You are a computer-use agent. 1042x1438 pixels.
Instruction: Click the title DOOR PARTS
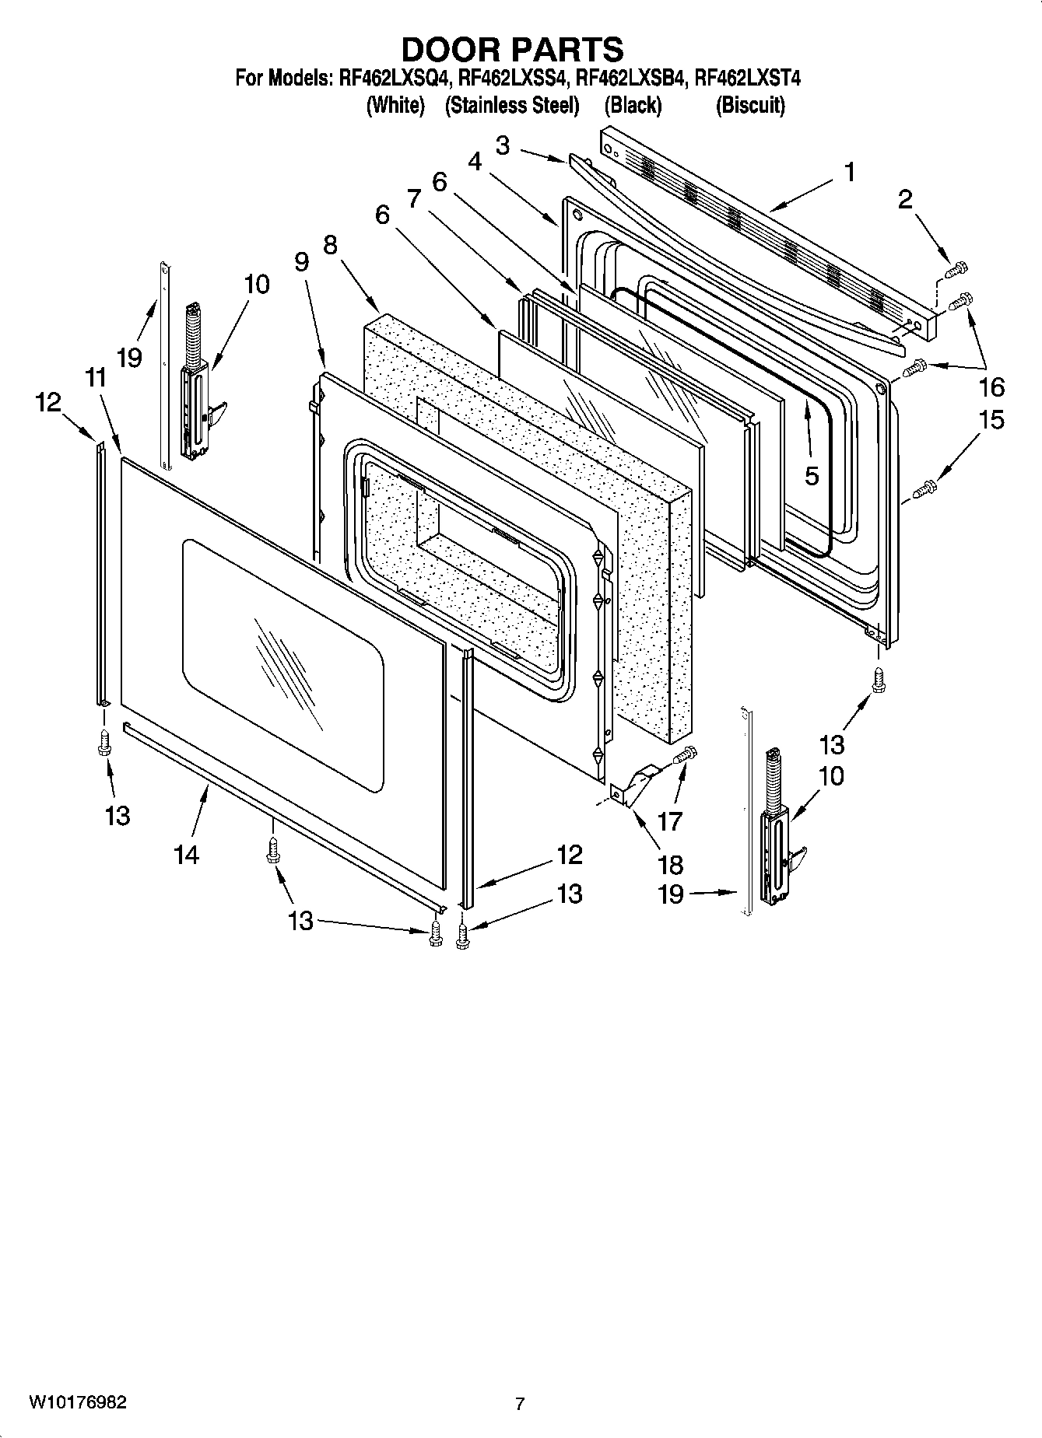tap(511, 49)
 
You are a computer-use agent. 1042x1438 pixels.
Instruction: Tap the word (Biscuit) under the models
tap(749, 105)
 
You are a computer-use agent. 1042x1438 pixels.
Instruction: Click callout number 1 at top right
tap(850, 173)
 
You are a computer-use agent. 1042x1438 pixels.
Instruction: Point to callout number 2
tap(904, 200)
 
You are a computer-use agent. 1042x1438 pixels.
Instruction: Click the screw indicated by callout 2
tap(955, 268)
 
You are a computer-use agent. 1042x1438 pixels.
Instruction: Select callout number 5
tap(812, 476)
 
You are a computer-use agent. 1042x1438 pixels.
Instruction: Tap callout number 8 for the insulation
tap(330, 246)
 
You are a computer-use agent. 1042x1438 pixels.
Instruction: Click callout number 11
tap(95, 379)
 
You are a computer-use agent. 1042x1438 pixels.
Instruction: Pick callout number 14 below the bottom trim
tap(187, 855)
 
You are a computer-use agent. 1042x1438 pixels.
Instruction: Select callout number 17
tap(669, 820)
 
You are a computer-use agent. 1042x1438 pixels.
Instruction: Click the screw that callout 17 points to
tap(685, 753)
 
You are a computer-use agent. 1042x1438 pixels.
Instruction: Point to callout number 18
tap(670, 864)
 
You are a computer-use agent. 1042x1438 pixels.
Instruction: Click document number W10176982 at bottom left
tap(77, 1403)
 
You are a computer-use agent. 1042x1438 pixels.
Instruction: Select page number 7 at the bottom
tap(520, 1404)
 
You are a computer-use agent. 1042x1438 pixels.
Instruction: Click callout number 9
tap(302, 261)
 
